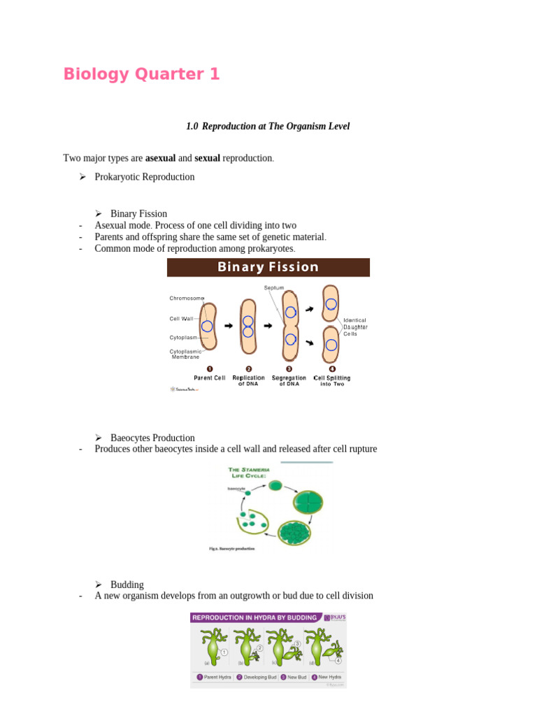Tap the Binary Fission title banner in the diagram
(x=268, y=267)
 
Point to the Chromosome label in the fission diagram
(x=186, y=299)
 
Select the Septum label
(x=274, y=288)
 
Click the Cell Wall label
(x=181, y=319)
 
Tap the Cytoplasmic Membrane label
(x=185, y=354)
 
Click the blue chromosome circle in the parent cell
(x=207, y=326)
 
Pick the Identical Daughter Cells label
(x=355, y=327)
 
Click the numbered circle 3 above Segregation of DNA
(x=289, y=368)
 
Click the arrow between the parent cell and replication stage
(x=229, y=326)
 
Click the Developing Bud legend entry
(x=258, y=677)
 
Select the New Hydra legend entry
(x=327, y=677)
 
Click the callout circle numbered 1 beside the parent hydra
(x=224, y=652)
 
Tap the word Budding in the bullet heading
(x=127, y=585)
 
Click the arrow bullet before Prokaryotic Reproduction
(x=83, y=177)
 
